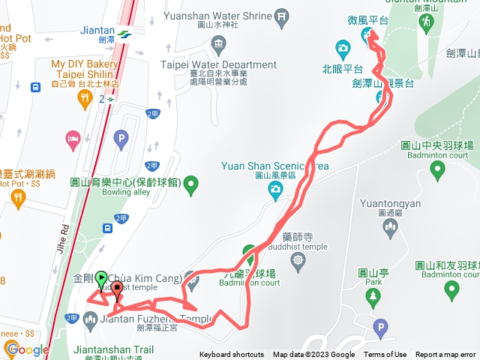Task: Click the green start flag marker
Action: pos(101,277)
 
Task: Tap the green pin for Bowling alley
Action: pos(191,183)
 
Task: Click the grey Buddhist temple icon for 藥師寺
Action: pos(298,259)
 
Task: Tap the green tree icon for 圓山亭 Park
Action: pos(373,298)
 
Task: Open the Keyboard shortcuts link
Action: pos(232,355)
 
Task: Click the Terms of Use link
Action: pos(385,355)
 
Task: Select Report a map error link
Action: pos(445,355)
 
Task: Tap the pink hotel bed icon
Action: pos(73,139)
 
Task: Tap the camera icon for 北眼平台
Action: pos(343,49)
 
